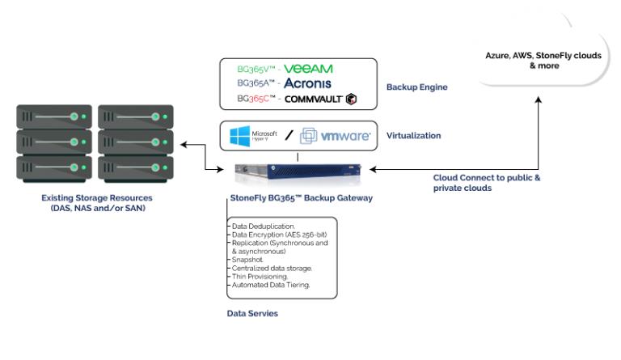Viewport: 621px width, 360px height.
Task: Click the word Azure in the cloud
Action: click(499, 55)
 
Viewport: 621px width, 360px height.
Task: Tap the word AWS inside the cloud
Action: click(530, 55)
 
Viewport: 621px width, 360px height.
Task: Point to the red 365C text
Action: click(259, 100)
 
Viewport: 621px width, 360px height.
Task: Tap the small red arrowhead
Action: click(353, 101)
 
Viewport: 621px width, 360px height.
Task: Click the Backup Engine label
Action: click(416, 87)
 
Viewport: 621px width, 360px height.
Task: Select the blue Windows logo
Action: click(243, 136)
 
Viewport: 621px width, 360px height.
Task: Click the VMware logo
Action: click(335, 136)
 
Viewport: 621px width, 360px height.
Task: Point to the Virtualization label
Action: click(413, 135)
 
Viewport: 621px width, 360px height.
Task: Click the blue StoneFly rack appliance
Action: click(297, 176)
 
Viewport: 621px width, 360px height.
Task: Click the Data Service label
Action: click(252, 313)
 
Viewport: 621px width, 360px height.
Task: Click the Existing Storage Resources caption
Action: click(97, 197)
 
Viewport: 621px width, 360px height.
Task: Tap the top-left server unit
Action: click(54, 116)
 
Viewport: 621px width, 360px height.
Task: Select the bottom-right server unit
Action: click(135, 167)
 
